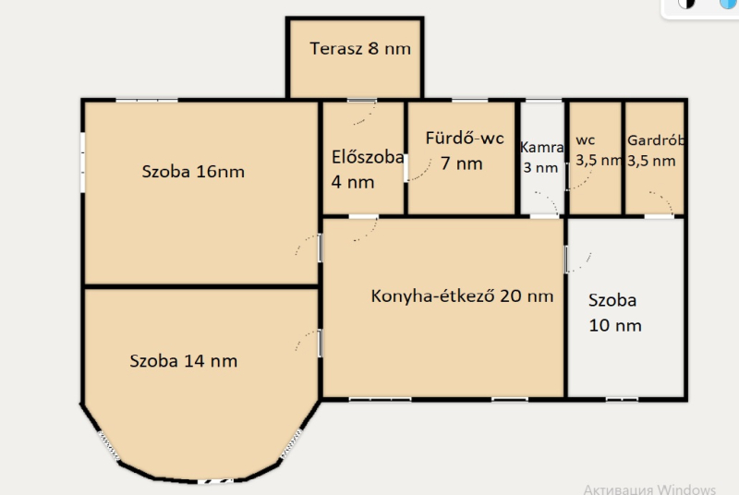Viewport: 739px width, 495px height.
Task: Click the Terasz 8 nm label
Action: click(360, 49)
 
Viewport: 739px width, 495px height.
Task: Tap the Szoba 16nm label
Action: click(193, 172)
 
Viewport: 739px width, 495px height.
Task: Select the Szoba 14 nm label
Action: click(183, 361)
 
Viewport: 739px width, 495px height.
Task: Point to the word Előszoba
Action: click(368, 157)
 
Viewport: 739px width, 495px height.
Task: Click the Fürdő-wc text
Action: click(465, 138)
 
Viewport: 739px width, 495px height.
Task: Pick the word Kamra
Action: click(542, 148)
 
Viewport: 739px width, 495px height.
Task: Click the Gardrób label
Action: click(656, 140)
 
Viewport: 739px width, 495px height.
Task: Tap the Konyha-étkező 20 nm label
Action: click(462, 296)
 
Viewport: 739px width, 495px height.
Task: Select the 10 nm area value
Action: click(615, 325)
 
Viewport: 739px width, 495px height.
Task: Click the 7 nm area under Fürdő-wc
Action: click(461, 163)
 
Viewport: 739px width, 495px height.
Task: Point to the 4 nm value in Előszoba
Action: click(353, 182)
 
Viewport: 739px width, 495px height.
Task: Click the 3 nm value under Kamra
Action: click(540, 167)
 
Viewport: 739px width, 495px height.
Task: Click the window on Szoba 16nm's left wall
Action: click(82, 163)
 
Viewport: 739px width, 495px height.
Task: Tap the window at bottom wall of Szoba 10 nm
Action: click(622, 400)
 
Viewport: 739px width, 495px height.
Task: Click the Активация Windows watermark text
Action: click(649, 489)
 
